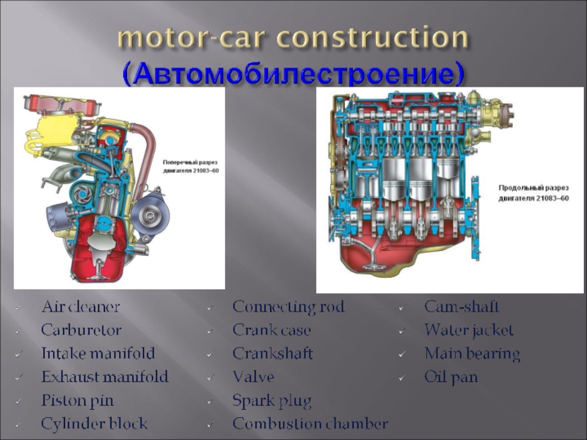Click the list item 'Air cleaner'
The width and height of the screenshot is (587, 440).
click(80, 307)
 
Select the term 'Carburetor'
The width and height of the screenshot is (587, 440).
click(81, 330)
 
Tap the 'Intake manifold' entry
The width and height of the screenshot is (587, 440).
click(98, 353)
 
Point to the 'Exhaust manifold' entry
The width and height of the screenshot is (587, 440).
click(104, 377)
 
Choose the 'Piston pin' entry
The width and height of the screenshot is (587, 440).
click(77, 400)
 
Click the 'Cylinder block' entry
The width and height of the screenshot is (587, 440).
click(94, 424)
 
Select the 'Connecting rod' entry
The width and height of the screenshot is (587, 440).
click(288, 307)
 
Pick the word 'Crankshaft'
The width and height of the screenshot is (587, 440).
click(272, 353)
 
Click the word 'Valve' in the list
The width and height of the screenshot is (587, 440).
click(253, 377)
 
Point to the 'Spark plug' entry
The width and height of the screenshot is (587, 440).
click(271, 400)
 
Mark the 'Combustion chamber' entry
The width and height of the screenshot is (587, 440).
click(310, 424)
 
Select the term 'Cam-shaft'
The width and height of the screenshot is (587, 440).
click(461, 307)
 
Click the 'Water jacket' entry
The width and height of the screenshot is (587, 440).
click(469, 330)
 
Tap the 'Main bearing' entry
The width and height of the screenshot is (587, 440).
click(472, 353)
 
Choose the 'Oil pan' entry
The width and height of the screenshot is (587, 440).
click(451, 377)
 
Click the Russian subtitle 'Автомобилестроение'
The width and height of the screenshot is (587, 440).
click(293, 73)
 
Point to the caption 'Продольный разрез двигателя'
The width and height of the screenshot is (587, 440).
click(533, 193)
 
